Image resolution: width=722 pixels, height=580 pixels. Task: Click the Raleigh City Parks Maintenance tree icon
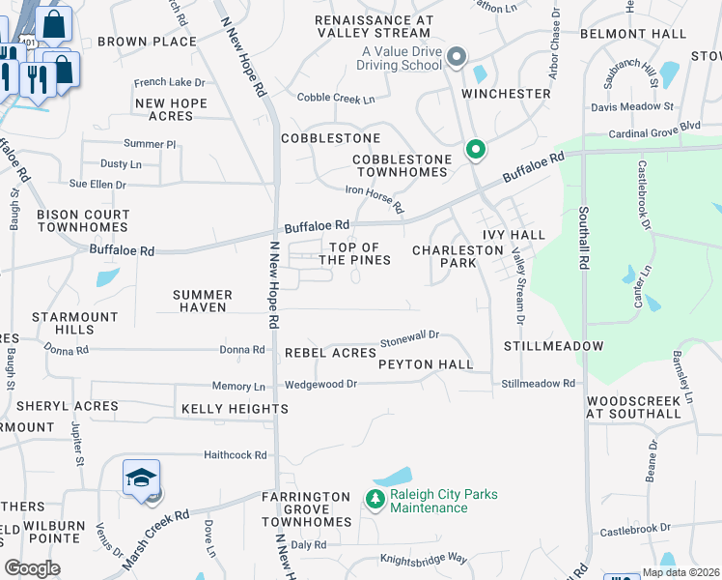point(375,499)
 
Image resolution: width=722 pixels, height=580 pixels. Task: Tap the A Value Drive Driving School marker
point(457,58)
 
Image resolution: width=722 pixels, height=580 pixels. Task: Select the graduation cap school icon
point(141,478)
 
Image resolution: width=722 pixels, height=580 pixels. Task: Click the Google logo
point(33,568)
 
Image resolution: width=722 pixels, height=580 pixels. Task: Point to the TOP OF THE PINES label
point(354,254)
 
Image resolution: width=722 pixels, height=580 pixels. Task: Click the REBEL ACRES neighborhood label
point(330,354)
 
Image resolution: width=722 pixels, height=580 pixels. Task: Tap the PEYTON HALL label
point(426,364)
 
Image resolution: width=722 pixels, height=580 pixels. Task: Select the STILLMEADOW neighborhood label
point(553,346)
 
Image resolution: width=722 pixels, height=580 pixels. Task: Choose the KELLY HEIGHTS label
point(235,409)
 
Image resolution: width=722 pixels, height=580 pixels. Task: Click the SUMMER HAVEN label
point(203,301)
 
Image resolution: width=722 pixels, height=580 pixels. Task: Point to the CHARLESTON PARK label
point(458,256)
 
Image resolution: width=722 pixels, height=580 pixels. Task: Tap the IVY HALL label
point(514,235)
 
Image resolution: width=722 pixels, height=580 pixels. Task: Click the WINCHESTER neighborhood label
point(505,94)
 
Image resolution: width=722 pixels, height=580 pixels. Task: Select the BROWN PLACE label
point(147,42)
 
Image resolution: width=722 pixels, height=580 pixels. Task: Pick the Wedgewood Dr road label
point(320,385)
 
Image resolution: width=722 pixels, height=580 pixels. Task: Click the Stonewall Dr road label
point(409,337)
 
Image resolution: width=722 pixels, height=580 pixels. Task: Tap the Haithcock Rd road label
point(235,454)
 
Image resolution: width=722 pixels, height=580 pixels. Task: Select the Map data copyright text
point(680,572)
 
